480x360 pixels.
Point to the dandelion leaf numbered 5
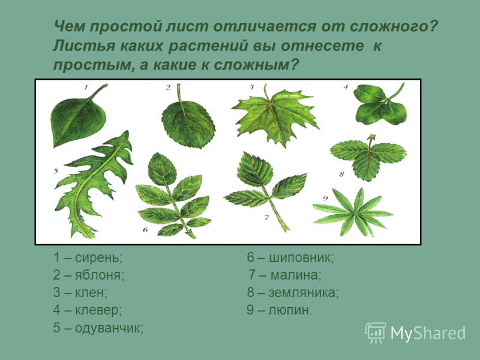tap(92, 184)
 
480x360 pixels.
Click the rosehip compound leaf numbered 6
tap(173, 196)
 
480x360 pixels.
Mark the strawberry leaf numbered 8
tap(368, 156)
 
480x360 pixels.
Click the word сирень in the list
tap(98, 258)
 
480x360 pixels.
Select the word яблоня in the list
tap(100, 275)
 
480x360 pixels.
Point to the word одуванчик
tap(109, 328)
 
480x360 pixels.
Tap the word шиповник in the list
tap(301, 258)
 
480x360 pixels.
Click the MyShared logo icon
tap(376, 333)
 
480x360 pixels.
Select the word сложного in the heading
tap(394, 26)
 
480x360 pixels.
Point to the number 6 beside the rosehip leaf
tap(145, 229)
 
